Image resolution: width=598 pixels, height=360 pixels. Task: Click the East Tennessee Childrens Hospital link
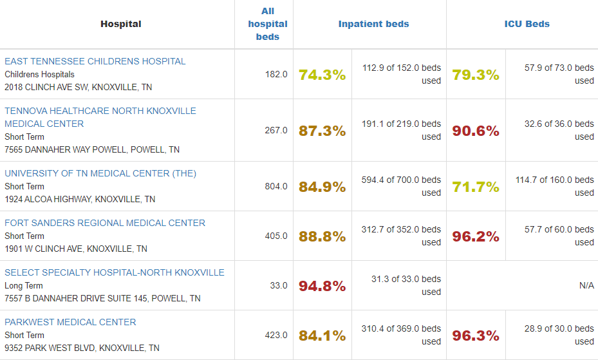click(95, 61)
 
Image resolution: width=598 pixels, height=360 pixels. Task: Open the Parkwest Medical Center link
click(70, 322)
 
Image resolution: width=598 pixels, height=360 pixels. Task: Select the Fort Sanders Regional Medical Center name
click(105, 223)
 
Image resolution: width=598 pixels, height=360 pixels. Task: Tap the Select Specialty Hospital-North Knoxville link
click(115, 272)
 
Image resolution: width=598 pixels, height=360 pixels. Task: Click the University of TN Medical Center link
click(100, 173)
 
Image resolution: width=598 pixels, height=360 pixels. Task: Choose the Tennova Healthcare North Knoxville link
click(100, 117)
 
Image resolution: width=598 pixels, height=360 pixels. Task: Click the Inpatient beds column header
click(373, 24)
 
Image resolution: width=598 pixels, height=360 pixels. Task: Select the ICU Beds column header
click(527, 24)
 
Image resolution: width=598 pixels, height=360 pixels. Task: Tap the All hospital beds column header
click(268, 24)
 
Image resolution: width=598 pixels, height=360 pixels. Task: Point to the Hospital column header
click(120, 24)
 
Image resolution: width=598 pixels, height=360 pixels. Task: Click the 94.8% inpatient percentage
click(322, 286)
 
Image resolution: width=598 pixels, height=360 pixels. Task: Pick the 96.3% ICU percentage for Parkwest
click(476, 336)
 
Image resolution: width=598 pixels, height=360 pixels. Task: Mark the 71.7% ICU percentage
click(476, 187)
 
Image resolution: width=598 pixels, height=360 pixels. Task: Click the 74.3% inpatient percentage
click(322, 75)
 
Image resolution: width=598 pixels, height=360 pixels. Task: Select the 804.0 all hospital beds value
click(276, 186)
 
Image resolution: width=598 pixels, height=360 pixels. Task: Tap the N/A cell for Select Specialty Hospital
click(586, 285)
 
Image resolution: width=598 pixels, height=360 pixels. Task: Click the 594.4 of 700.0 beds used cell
click(401, 186)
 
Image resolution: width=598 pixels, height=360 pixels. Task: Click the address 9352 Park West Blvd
click(82, 348)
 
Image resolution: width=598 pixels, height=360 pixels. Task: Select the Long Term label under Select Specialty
click(24, 285)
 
